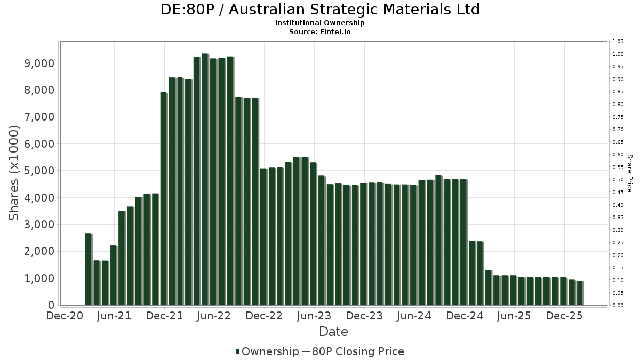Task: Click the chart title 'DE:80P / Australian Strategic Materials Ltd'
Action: click(320, 10)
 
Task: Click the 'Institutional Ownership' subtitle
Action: click(320, 23)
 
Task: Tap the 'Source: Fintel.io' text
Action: click(320, 31)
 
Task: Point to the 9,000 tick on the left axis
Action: click(40, 63)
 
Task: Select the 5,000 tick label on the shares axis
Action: click(40, 171)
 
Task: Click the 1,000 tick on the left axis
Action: click(40, 278)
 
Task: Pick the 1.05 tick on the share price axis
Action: click(618, 42)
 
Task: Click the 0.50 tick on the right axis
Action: click(618, 180)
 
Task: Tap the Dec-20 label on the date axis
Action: click(65, 316)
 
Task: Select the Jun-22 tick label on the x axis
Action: click(214, 316)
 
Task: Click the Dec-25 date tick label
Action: click(564, 316)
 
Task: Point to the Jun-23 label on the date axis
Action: click(314, 316)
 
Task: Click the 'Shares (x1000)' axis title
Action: click(14, 173)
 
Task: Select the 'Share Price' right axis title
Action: click(629, 173)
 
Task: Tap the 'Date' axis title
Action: click(333, 332)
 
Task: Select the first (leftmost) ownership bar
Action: click(88, 269)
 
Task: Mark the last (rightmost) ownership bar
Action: click(580, 293)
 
